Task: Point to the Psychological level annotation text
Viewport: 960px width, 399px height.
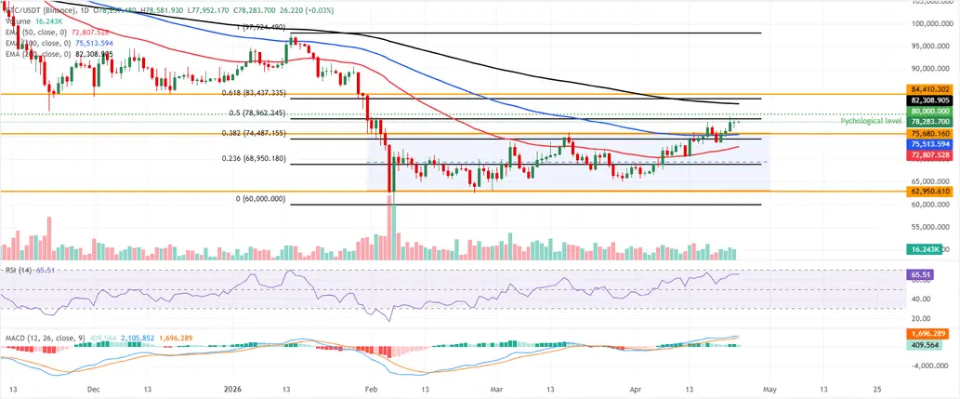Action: pyautogui.click(x=871, y=122)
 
